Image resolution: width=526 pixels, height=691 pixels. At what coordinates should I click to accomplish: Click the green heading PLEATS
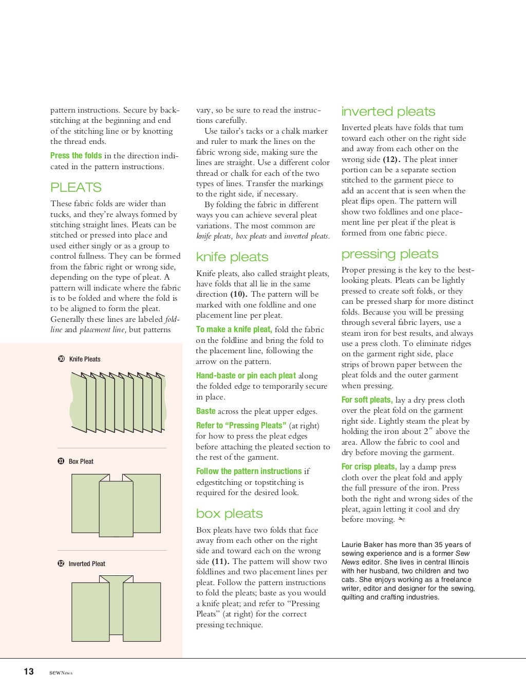(76, 188)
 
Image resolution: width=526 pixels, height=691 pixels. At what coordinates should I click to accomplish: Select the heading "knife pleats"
(232, 257)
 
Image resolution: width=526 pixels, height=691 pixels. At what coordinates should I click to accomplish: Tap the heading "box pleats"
(229, 514)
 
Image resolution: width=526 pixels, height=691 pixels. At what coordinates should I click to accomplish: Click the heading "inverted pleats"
(388, 112)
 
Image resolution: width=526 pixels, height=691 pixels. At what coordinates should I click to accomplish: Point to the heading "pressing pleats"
(390, 254)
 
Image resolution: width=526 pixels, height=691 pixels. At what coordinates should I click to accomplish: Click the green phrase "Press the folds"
(76, 156)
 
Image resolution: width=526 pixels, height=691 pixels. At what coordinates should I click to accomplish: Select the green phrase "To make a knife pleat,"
(234, 330)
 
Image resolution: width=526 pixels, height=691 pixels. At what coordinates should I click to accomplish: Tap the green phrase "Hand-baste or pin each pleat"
(246, 376)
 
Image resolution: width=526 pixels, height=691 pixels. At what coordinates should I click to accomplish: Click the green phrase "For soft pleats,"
(367, 400)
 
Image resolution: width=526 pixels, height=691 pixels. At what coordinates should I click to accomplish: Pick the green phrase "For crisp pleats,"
(369, 467)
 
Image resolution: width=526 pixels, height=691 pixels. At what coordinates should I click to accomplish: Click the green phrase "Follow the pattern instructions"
(249, 471)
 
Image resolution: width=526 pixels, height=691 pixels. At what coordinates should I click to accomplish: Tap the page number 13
(29, 671)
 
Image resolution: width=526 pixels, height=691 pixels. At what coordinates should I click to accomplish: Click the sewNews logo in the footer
(61, 672)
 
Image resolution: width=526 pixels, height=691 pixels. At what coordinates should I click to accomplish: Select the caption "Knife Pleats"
(85, 359)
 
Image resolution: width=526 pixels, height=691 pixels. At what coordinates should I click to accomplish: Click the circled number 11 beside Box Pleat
(61, 461)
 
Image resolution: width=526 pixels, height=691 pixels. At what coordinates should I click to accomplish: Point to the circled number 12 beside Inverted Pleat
(61, 563)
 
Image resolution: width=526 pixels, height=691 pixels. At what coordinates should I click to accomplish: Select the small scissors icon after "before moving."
(401, 520)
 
